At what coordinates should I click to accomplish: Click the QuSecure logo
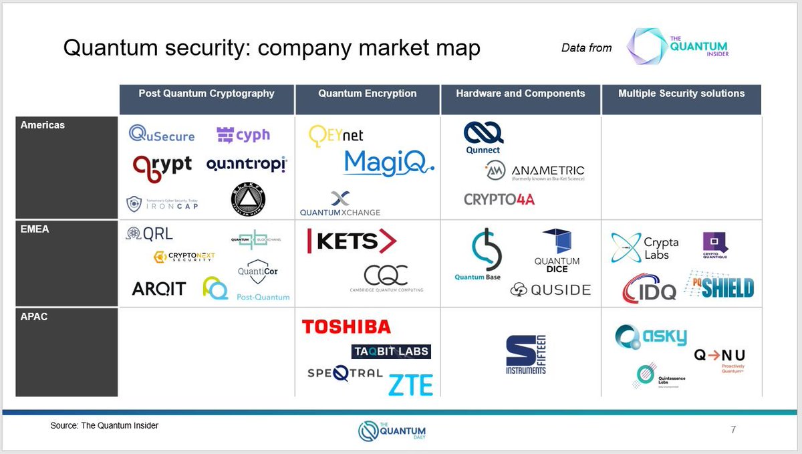point(162,134)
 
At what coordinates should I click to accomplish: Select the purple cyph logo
point(243,135)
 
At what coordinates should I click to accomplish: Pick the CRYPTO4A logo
point(499,199)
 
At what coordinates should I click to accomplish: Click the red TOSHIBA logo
point(346,327)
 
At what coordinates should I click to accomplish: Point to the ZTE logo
point(410,384)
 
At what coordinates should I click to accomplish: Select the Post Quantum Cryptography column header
point(207,94)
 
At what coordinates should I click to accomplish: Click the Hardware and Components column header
point(520,94)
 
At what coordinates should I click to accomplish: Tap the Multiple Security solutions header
point(681,94)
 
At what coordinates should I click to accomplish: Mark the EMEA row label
point(35,229)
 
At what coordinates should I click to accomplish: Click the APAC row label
point(34,316)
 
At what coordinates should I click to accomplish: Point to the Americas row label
point(43,125)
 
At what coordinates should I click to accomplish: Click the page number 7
point(733,429)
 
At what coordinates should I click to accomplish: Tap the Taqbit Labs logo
point(391,352)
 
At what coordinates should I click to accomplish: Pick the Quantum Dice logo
point(557,251)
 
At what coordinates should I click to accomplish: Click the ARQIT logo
point(159,289)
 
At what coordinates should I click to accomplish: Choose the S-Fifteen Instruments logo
point(526,355)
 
